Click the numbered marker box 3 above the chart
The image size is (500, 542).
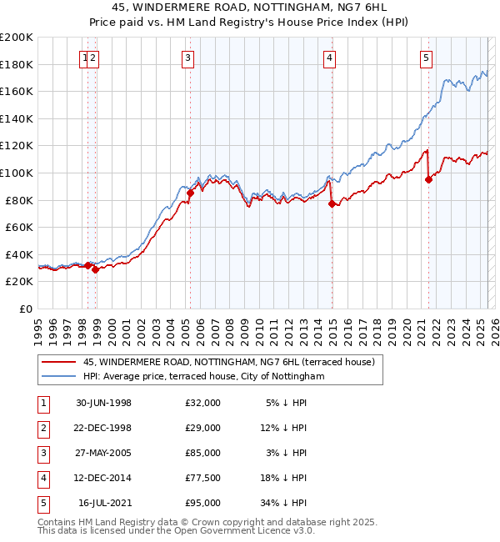188,58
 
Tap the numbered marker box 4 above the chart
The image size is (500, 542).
330,58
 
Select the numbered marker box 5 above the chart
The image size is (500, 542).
427,58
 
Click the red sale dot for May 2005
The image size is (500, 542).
190,193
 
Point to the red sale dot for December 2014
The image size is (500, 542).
332,203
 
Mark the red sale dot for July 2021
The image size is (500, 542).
429,179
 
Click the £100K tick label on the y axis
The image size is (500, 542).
17,173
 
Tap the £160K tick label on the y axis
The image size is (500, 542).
17,91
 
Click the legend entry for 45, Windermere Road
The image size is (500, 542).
229,362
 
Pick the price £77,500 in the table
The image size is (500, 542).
202,478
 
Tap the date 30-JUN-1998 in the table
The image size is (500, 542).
103,403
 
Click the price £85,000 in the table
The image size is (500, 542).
202,453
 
